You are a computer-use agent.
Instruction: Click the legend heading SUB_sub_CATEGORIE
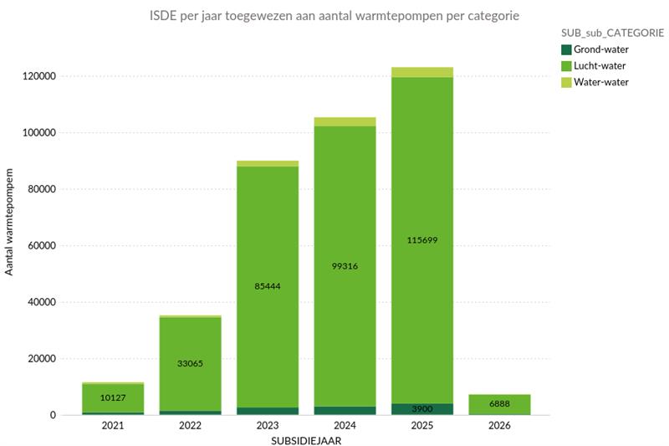pos(613,33)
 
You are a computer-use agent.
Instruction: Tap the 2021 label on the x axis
pos(113,426)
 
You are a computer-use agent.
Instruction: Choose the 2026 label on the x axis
pos(499,426)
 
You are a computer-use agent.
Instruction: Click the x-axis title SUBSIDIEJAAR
pos(306,439)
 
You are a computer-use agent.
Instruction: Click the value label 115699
pos(422,240)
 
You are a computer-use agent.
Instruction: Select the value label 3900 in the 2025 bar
pos(422,409)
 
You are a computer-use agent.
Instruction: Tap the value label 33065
pos(190,363)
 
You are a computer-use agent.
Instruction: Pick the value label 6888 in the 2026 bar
pos(499,404)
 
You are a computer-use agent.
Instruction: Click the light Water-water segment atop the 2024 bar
pos(345,121)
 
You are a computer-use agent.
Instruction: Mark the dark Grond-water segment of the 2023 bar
pos(268,411)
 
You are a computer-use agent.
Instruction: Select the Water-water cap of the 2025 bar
pos(422,72)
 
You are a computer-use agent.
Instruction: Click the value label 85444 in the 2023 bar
pos(268,286)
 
